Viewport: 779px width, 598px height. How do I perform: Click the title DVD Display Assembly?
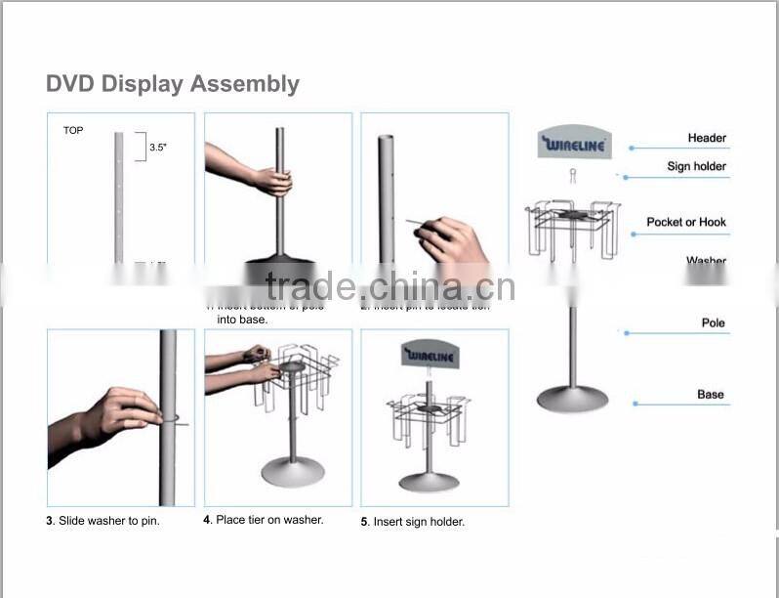[173, 84]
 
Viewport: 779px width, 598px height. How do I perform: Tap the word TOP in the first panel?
[73, 130]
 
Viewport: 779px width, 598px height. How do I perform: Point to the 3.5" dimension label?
[159, 149]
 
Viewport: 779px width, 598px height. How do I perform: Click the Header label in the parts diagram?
[707, 139]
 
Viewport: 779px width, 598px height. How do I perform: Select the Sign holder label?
[696, 167]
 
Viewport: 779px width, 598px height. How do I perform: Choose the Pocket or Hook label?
[686, 223]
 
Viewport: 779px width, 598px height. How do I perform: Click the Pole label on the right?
[713, 323]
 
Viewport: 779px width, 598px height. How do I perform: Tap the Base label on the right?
[711, 395]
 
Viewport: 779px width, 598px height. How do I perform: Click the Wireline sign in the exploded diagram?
[574, 146]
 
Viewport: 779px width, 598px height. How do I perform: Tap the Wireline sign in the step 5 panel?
[430, 357]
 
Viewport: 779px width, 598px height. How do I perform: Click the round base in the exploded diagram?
[572, 399]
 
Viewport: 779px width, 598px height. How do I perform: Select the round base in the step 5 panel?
[429, 481]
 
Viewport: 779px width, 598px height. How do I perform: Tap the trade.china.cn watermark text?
[389, 287]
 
